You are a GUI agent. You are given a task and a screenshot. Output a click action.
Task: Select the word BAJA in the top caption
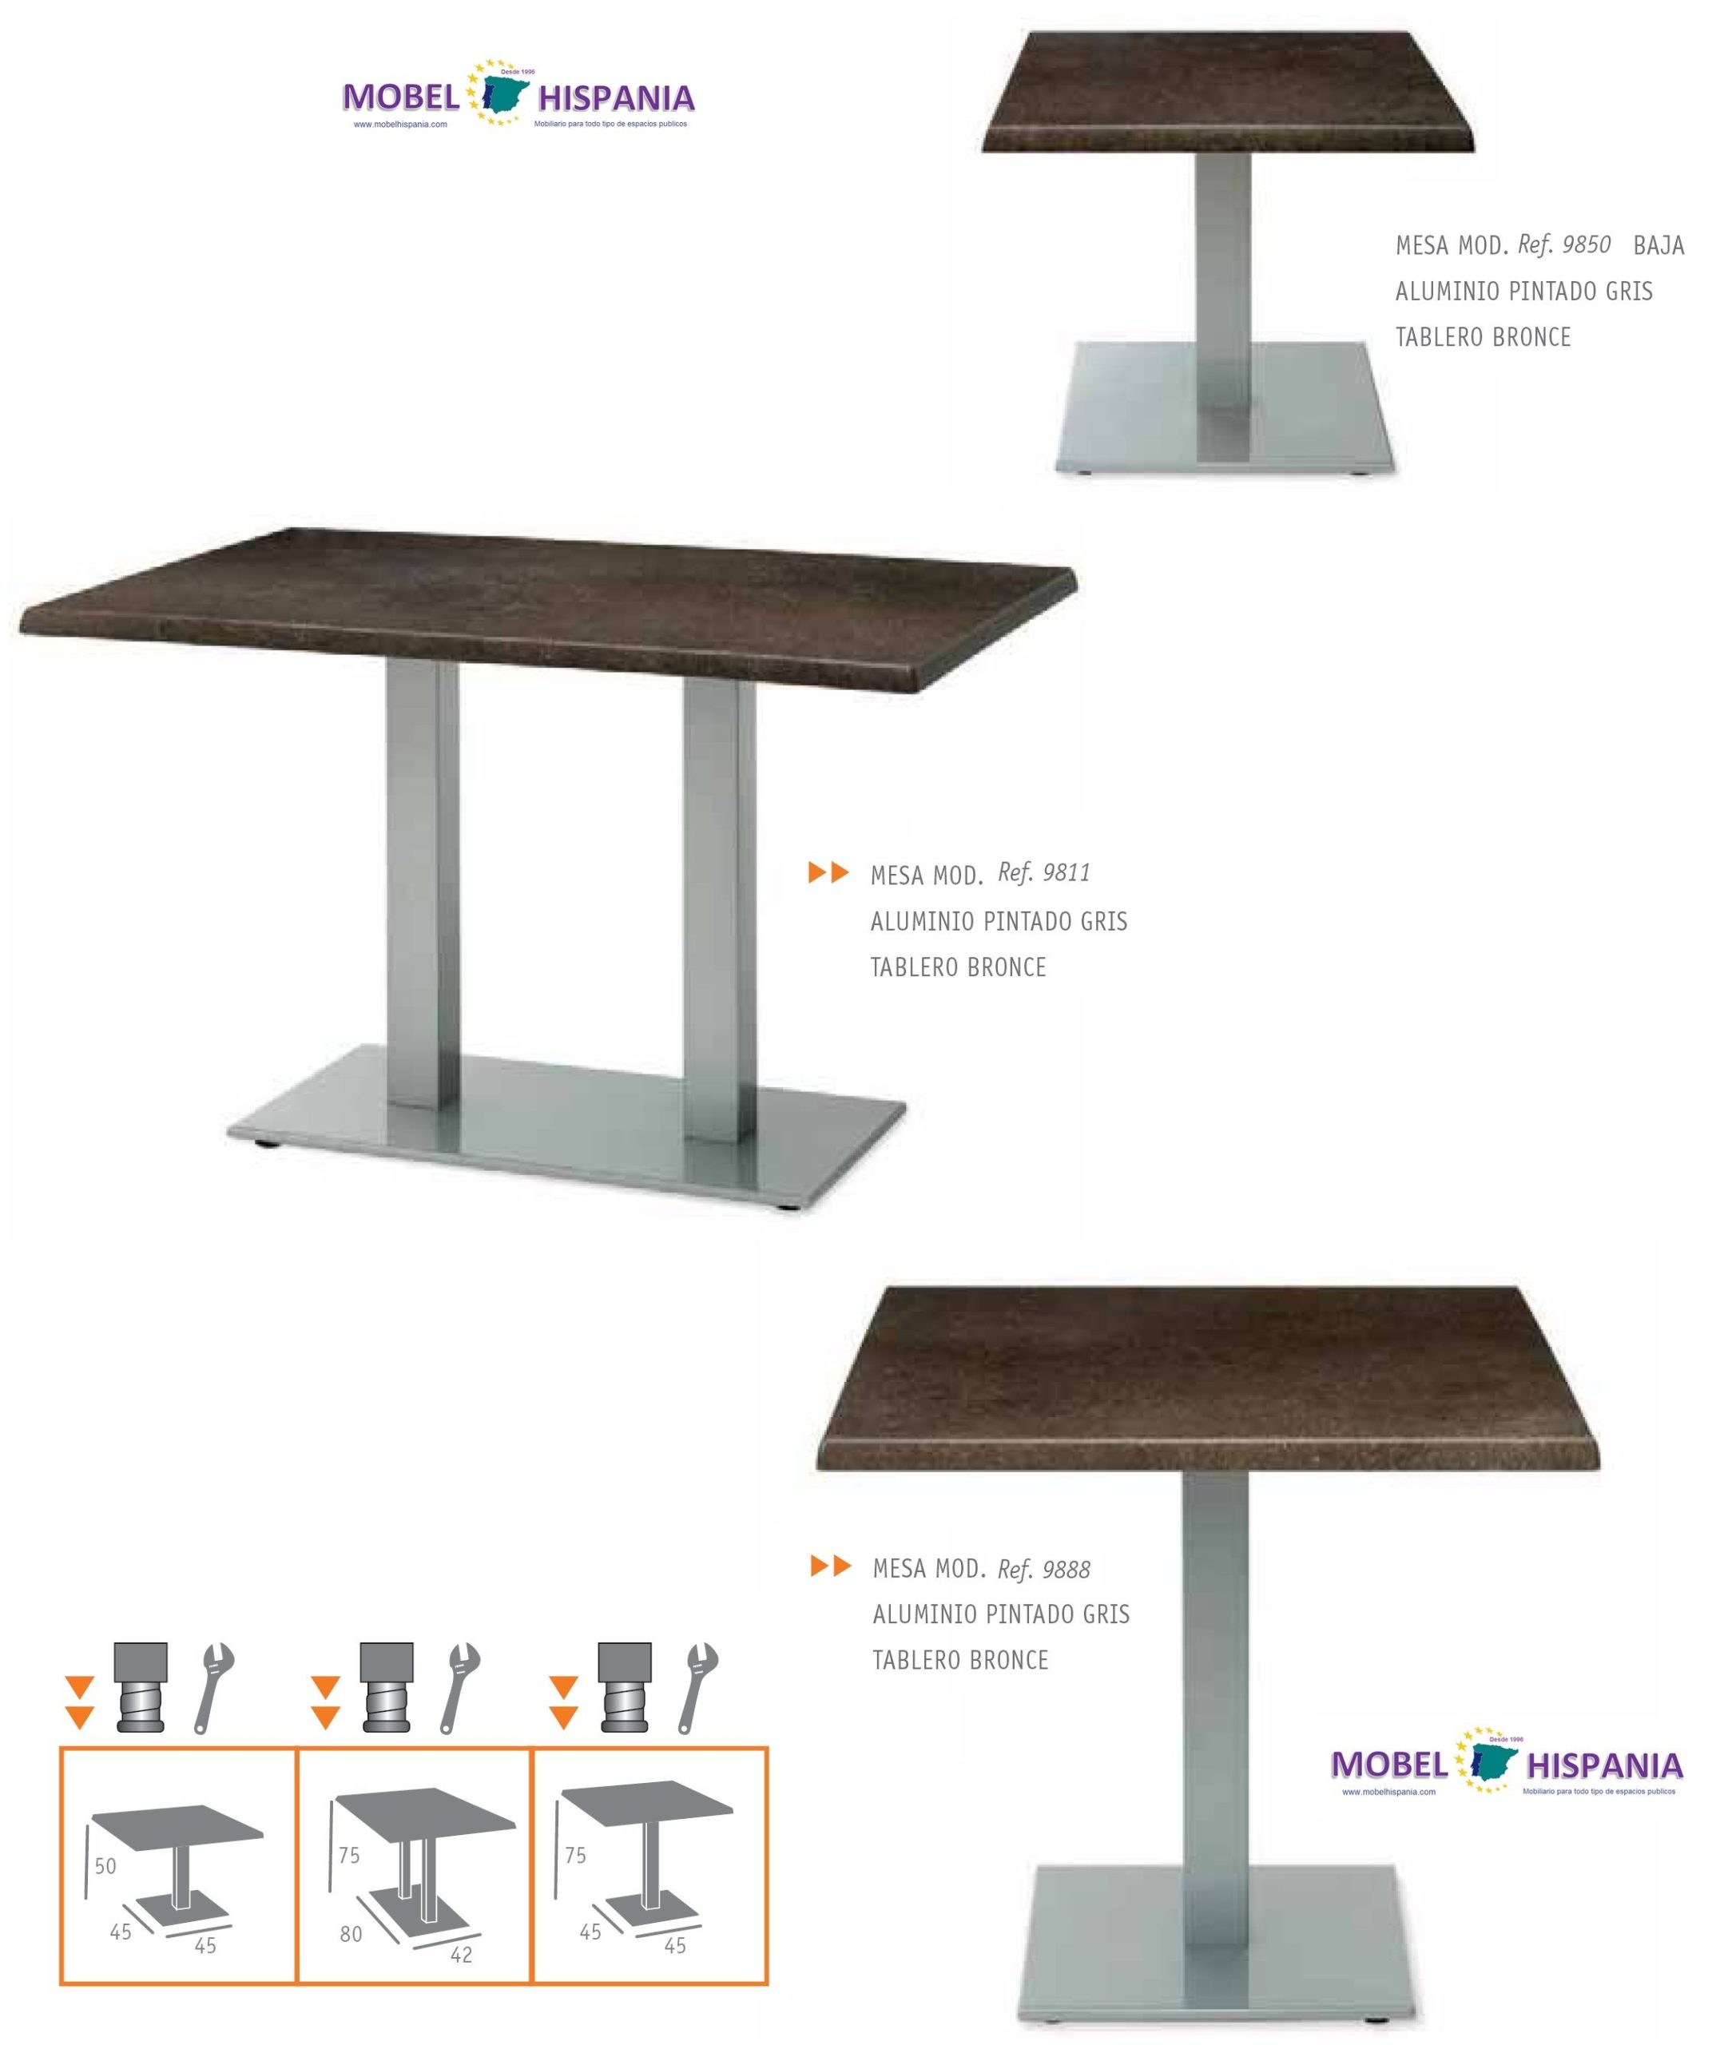[1658, 244]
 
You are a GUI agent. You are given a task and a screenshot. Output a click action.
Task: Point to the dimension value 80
[351, 1934]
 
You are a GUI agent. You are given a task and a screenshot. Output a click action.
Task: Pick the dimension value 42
[461, 1955]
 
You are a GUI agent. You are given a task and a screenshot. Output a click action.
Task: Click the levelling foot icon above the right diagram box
[623, 1690]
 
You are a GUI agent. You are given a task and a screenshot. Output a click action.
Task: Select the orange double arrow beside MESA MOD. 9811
[828, 872]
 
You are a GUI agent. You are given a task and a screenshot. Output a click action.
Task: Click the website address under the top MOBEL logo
[399, 125]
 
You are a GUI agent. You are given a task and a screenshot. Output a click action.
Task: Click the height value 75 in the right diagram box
[575, 1856]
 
